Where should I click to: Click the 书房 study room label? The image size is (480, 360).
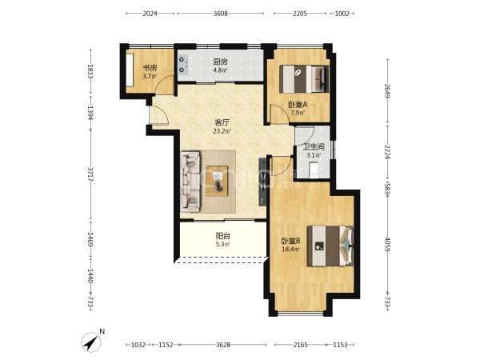(x=150, y=67)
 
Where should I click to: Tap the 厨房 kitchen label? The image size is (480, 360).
(x=221, y=62)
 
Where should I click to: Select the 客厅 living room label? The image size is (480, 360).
(x=222, y=122)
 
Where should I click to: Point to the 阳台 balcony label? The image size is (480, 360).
(x=223, y=236)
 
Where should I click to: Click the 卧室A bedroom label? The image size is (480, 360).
(x=298, y=105)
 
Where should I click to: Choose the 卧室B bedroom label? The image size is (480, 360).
(x=291, y=241)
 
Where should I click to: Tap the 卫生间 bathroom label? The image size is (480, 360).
(x=314, y=147)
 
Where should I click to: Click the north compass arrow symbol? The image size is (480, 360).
(x=91, y=342)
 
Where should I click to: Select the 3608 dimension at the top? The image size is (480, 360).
(x=221, y=14)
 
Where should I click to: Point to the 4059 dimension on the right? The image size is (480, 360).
(x=387, y=245)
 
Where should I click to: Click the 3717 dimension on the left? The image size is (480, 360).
(x=90, y=174)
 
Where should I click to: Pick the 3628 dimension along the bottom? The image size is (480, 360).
(x=223, y=345)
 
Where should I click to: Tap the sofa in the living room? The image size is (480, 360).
(x=190, y=182)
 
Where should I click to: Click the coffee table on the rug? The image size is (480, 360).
(x=217, y=181)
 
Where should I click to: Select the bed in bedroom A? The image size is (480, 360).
(x=305, y=78)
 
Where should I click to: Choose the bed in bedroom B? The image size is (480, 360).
(x=330, y=246)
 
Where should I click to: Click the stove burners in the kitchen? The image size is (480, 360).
(x=182, y=65)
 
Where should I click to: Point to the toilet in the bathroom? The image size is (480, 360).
(x=314, y=170)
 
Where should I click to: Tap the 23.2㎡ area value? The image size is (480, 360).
(x=222, y=131)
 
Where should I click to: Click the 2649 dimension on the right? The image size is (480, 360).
(x=387, y=91)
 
